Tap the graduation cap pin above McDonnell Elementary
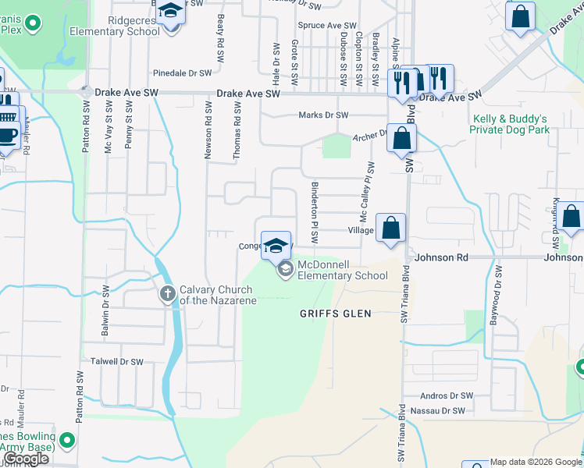tap(276, 246)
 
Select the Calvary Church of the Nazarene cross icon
tap(166, 294)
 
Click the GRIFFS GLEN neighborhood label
tap(336, 314)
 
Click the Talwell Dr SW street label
tap(117, 362)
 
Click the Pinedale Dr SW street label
tap(183, 73)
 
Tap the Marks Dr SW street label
tap(323, 115)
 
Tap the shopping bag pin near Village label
tap(391, 229)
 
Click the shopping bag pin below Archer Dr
tap(401, 139)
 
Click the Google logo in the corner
tap(26, 459)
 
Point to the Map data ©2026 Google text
tap(536, 462)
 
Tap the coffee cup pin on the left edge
tap(8, 133)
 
